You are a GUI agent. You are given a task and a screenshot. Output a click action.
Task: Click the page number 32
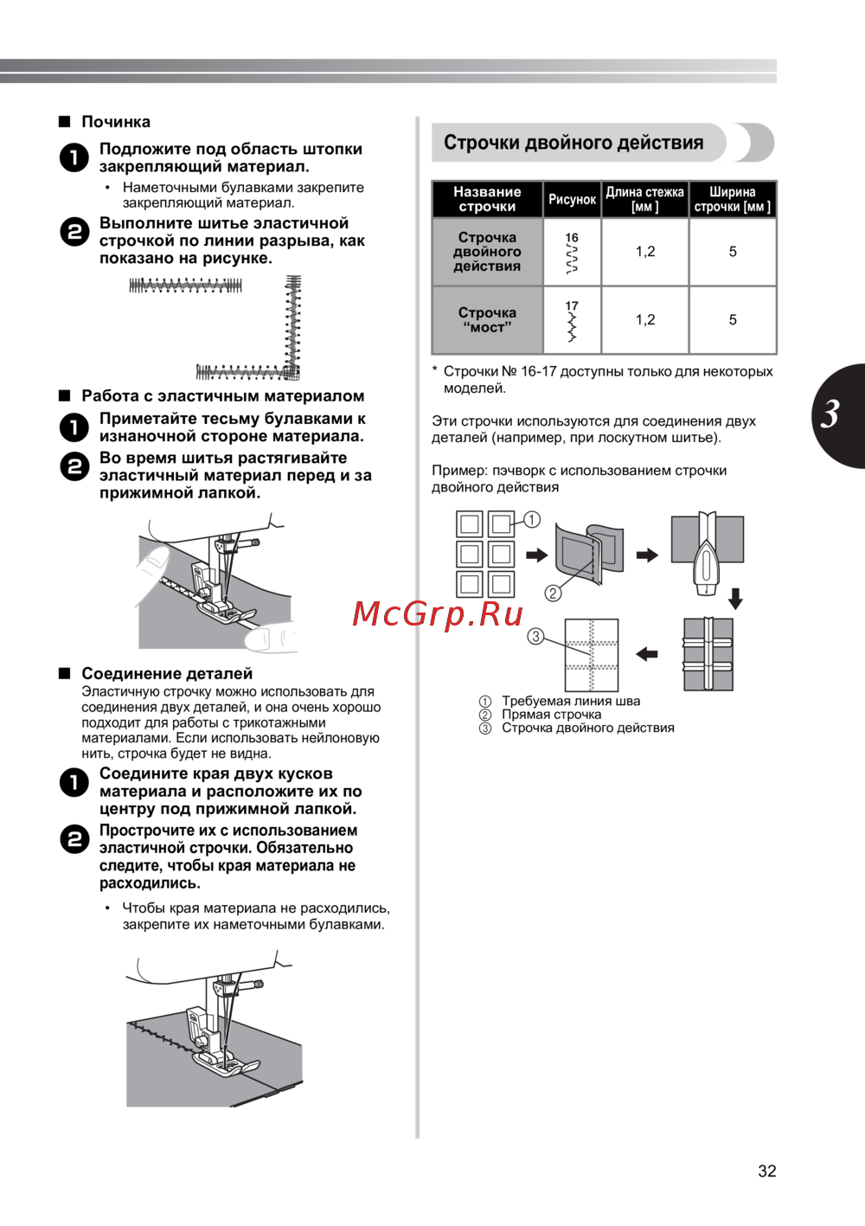click(x=766, y=1171)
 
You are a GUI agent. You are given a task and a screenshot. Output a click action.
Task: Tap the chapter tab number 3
click(x=831, y=414)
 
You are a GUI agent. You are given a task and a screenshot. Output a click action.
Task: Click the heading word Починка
click(x=116, y=122)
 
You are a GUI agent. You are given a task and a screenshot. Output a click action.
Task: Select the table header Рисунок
click(x=572, y=200)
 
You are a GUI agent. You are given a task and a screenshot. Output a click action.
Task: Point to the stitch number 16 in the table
click(x=572, y=238)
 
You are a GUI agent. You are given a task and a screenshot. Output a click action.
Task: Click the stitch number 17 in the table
click(x=572, y=306)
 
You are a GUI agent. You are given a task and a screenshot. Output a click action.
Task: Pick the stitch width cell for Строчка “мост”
click(x=733, y=320)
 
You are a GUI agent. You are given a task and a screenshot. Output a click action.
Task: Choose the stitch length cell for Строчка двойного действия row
click(x=645, y=252)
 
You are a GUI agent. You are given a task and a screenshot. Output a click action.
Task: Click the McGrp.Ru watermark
click(x=438, y=613)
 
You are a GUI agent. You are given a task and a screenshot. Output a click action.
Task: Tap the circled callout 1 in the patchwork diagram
click(x=532, y=519)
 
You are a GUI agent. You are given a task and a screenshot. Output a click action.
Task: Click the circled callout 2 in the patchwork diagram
click(x=553, y=593)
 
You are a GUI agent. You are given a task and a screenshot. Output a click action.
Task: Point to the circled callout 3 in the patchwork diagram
click(x=535, y=637)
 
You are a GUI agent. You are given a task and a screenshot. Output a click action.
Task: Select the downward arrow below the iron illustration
click(x=735, y=598)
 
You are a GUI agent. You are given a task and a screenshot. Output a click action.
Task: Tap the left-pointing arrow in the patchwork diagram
click(x=647, y=654)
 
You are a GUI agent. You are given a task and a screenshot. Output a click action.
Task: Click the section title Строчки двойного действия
click(x=573, y=143)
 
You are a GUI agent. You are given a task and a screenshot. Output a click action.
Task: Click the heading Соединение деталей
click(x=167, y=673)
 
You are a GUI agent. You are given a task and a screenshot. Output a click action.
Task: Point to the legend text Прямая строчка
click(x=551, y=715)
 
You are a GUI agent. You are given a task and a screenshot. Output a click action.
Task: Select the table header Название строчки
click(x=487, y=199)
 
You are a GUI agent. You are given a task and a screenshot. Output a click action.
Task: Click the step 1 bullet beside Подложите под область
click(x=74, y=157)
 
